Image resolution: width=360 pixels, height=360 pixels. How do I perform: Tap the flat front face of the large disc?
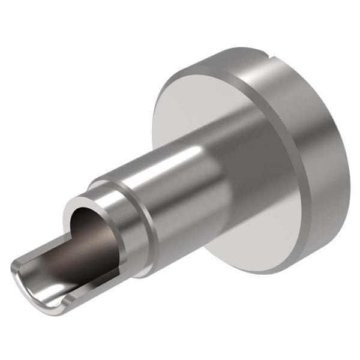pos(180,114)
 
